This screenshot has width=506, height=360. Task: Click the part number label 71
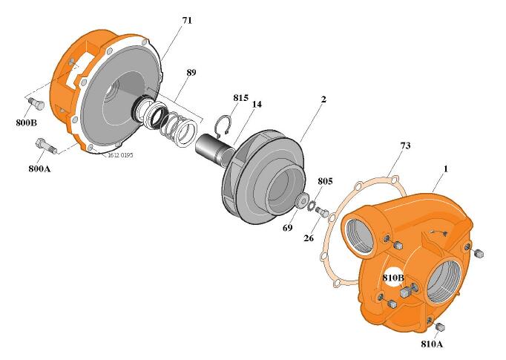[187, 20]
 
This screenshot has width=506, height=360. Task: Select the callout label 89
[191, 72]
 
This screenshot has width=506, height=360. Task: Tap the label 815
[240, 97]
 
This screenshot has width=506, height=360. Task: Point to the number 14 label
[257, 104]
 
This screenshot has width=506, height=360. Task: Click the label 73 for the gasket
[406, 145]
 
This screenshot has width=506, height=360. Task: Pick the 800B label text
[26, 122]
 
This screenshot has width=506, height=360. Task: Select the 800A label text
[39, 168]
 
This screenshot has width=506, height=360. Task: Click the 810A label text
[432, 344]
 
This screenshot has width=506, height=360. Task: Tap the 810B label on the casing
[393, 278]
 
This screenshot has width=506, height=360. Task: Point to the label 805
[325, 181]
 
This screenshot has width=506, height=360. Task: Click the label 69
[288, 228]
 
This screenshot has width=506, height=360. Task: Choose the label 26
[309, 238]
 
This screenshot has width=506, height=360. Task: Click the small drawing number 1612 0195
[120, 155]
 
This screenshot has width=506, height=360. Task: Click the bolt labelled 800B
[36, 104]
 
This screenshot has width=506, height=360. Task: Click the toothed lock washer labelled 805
[312, 205]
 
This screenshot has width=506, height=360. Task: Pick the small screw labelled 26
[323, 212]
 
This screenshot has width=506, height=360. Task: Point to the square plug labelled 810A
[440, 327]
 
